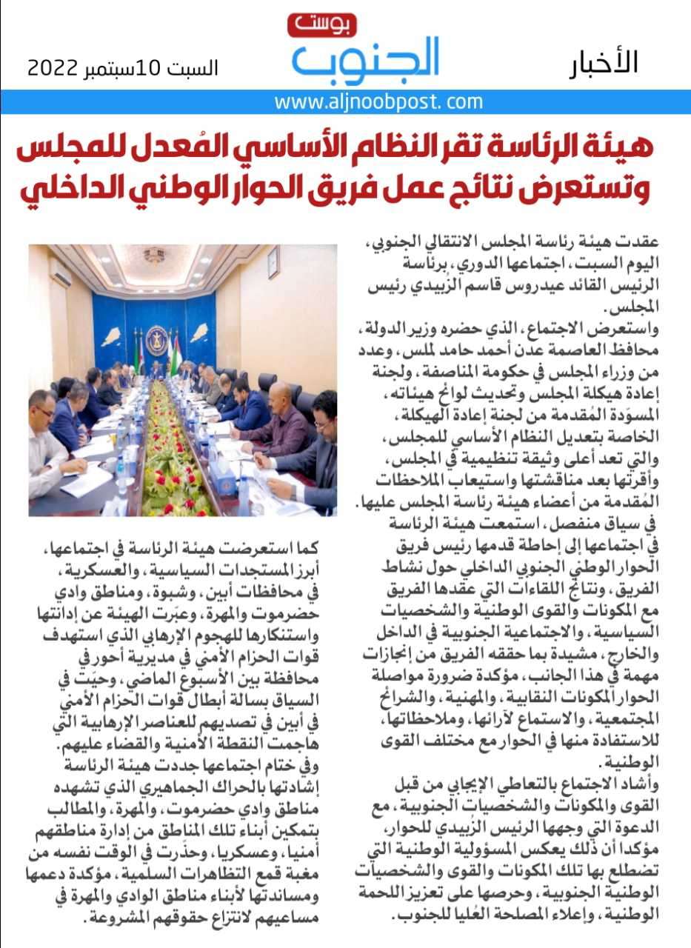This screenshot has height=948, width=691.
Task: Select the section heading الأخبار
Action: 604,64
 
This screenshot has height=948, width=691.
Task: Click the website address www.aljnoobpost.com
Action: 378,101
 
